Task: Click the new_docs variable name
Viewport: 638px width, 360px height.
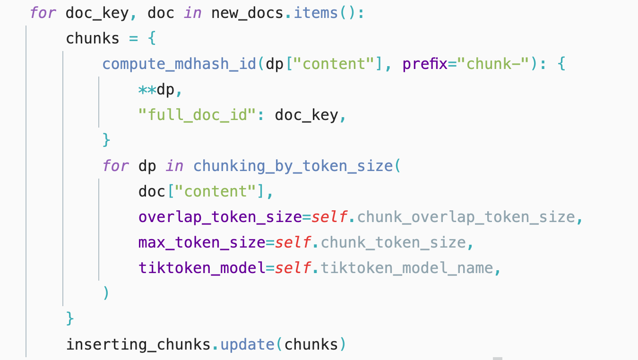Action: pos(247,13)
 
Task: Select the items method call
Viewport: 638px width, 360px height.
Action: pos(316,13)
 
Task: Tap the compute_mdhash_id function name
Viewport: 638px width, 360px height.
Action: pos(179,64)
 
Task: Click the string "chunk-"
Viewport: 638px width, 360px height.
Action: pos(497,63)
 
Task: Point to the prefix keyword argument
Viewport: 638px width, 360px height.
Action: pos(425,64)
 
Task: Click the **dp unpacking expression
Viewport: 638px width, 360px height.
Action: pos(156,90)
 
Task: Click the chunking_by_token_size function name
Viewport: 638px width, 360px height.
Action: pos(293,166)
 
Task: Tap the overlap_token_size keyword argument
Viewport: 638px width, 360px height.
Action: pos(220,217)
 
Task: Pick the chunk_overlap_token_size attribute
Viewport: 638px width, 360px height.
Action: pos(466,217)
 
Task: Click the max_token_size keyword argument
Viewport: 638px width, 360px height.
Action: pos(202,243)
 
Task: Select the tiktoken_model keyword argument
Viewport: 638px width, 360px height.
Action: pos(202,268)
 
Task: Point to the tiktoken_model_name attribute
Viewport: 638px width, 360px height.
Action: pos(407,268)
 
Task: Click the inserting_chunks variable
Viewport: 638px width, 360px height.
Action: pos(138,344)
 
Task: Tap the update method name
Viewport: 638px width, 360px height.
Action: pos(247,344)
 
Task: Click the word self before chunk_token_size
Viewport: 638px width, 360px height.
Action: pos(293,243)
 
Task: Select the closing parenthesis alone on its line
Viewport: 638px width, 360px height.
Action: pos(106,293)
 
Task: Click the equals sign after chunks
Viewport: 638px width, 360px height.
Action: pos(133,38)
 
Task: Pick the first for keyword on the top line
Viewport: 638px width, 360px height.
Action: pos(43,13)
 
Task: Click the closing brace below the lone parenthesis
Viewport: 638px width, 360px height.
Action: pos(70,319)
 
